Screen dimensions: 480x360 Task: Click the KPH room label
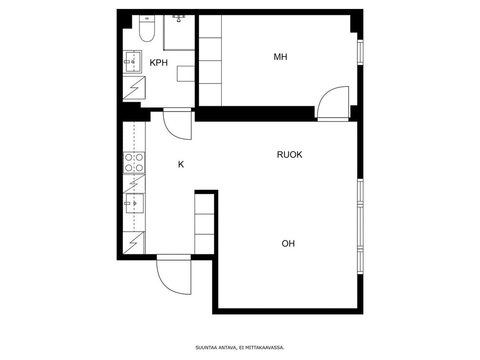point(158,63)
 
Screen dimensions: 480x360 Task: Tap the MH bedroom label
point(280,57)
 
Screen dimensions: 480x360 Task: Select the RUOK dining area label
point(289,155)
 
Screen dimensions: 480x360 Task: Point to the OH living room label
point(288,243)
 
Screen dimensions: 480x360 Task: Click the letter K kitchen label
point(181,165)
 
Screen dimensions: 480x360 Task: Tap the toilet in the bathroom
point(147,28)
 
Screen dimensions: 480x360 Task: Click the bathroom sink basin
point(132,62)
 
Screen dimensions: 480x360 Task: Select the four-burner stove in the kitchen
point(134,162)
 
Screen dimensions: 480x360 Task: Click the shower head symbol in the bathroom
point(178,18)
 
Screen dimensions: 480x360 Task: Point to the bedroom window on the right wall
point(360,52)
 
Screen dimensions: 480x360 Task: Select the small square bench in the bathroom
point(185,73)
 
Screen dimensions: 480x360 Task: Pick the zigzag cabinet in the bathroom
point(134,88)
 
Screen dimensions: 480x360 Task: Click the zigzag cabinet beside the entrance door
point(134,243)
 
